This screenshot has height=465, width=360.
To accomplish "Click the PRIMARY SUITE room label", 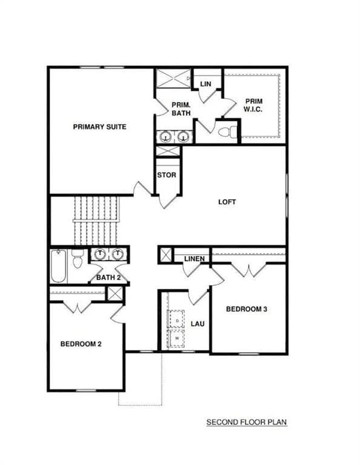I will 99,127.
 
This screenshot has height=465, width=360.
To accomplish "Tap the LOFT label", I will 227,202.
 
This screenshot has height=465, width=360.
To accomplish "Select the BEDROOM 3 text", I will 247,309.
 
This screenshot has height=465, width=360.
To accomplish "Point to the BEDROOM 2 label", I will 81,344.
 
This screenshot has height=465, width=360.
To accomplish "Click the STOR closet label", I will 167,175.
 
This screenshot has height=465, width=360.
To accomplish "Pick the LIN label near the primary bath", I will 205,84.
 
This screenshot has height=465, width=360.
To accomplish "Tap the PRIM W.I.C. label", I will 253,105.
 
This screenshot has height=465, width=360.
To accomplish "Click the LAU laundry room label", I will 197,324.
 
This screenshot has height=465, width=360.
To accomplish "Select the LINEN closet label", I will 194,259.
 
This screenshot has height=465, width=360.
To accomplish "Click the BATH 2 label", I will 108,278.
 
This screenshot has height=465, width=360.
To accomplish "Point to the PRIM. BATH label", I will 181,108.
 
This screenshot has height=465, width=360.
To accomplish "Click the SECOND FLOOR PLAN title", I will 246,422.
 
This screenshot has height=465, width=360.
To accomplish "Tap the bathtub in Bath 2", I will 58,266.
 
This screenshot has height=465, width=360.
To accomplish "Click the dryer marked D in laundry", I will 176,318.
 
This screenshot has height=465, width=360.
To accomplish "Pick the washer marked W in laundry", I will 176,338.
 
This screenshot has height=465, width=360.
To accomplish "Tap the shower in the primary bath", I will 173,79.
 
